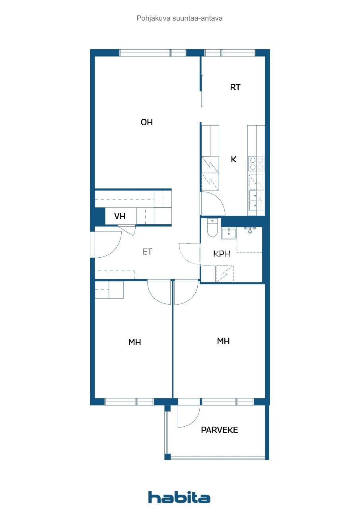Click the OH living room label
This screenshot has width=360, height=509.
(147, 122)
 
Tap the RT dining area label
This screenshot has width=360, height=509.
(235, 87)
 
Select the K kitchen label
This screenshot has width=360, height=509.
(234, 159)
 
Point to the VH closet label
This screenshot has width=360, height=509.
(120, 216)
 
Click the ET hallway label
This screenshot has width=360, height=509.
(147, 252)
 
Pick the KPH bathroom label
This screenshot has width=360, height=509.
(222, 254)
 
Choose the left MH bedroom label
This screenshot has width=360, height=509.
(135, 342)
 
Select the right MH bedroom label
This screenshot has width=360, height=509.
(223, 341)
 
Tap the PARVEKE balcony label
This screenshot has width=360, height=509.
(219, 430)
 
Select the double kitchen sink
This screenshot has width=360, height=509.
(255, 200)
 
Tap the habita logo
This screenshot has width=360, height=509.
(179, 497)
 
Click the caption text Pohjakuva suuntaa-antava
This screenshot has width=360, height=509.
(179, 18)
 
